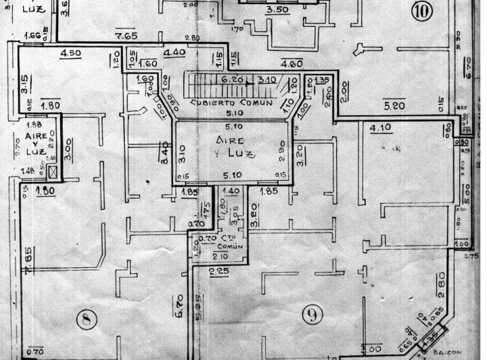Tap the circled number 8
(x=86, y=318)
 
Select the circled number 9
(x=312, y=313)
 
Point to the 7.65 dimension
(x=126, y=36)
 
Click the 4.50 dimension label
(x=70, y=53)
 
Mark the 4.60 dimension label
(x=291, y=64)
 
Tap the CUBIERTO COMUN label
(x=231, y=103)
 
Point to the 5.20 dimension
(x=394, y=106)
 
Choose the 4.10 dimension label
(x=380, y=127)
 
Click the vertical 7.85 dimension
(x=28, y=261)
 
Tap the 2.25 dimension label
(x=218, y=271)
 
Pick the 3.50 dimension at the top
(x=277, y=10)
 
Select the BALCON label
(x=446, y=353)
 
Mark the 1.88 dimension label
(x=33, y=124)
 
